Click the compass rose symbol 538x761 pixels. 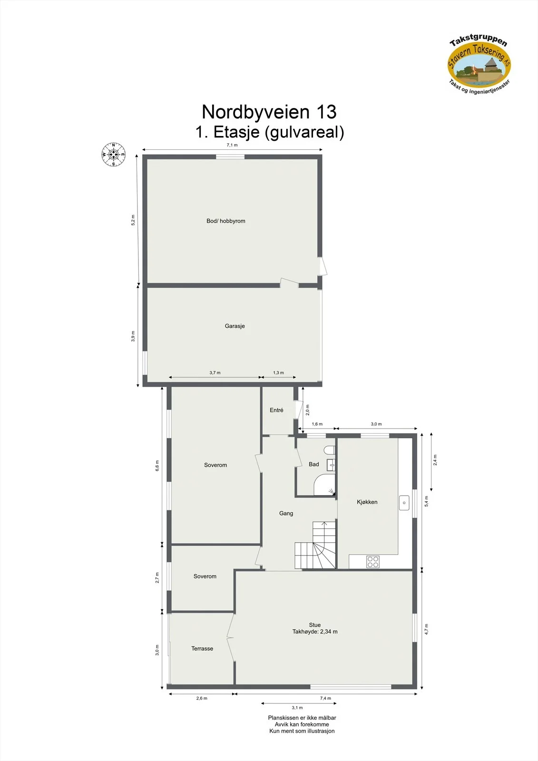tap(114, 155)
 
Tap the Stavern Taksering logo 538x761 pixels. tap(479, 65)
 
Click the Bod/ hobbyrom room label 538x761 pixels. tap(225, 221)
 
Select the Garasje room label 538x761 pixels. tap(235, 326)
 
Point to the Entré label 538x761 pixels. tap(276, 410)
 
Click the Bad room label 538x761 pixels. tap(313, 464)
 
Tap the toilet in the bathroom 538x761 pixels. tap(329, 450)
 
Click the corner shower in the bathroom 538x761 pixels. tap(324, 485)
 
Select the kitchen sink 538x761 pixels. tap(404, 502)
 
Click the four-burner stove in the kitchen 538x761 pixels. tap(373, 561)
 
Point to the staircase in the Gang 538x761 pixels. tap(315, 545)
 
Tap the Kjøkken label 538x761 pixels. tap(367, 502)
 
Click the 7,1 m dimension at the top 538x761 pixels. tap(232, 145)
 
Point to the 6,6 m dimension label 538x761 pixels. tap(157, 466)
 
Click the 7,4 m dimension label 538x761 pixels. tap(325, 698)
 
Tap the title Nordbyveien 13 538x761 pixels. tap(269, 111)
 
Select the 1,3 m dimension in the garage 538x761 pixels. tap(278, 373)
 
